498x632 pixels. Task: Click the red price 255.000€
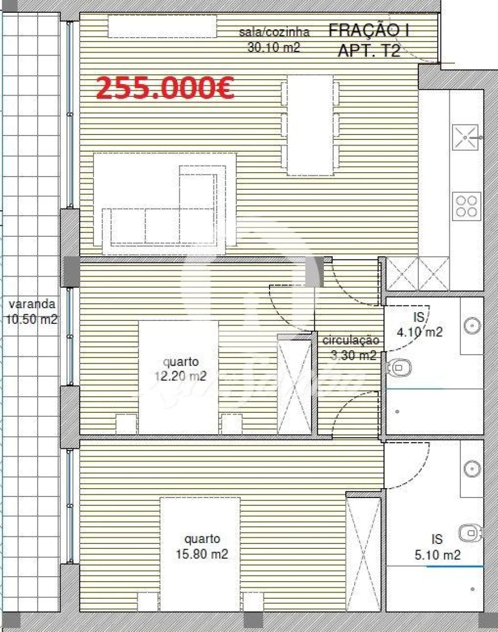coord(165,87)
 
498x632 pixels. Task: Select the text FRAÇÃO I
coord(369,30)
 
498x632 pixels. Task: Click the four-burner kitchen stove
coord(466,206)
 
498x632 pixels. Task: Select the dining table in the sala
coord(310,125)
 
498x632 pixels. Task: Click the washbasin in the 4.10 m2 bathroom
coord(471,325)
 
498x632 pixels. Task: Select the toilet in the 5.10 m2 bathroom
coord(469,533)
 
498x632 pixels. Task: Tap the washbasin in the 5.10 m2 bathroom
coord(471,468)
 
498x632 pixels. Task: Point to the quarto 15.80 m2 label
coord(203,546)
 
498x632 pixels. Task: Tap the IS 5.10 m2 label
coord(437,547)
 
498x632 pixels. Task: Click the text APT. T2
coord(369,51)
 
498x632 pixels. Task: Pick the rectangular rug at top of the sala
coord(162,27)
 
